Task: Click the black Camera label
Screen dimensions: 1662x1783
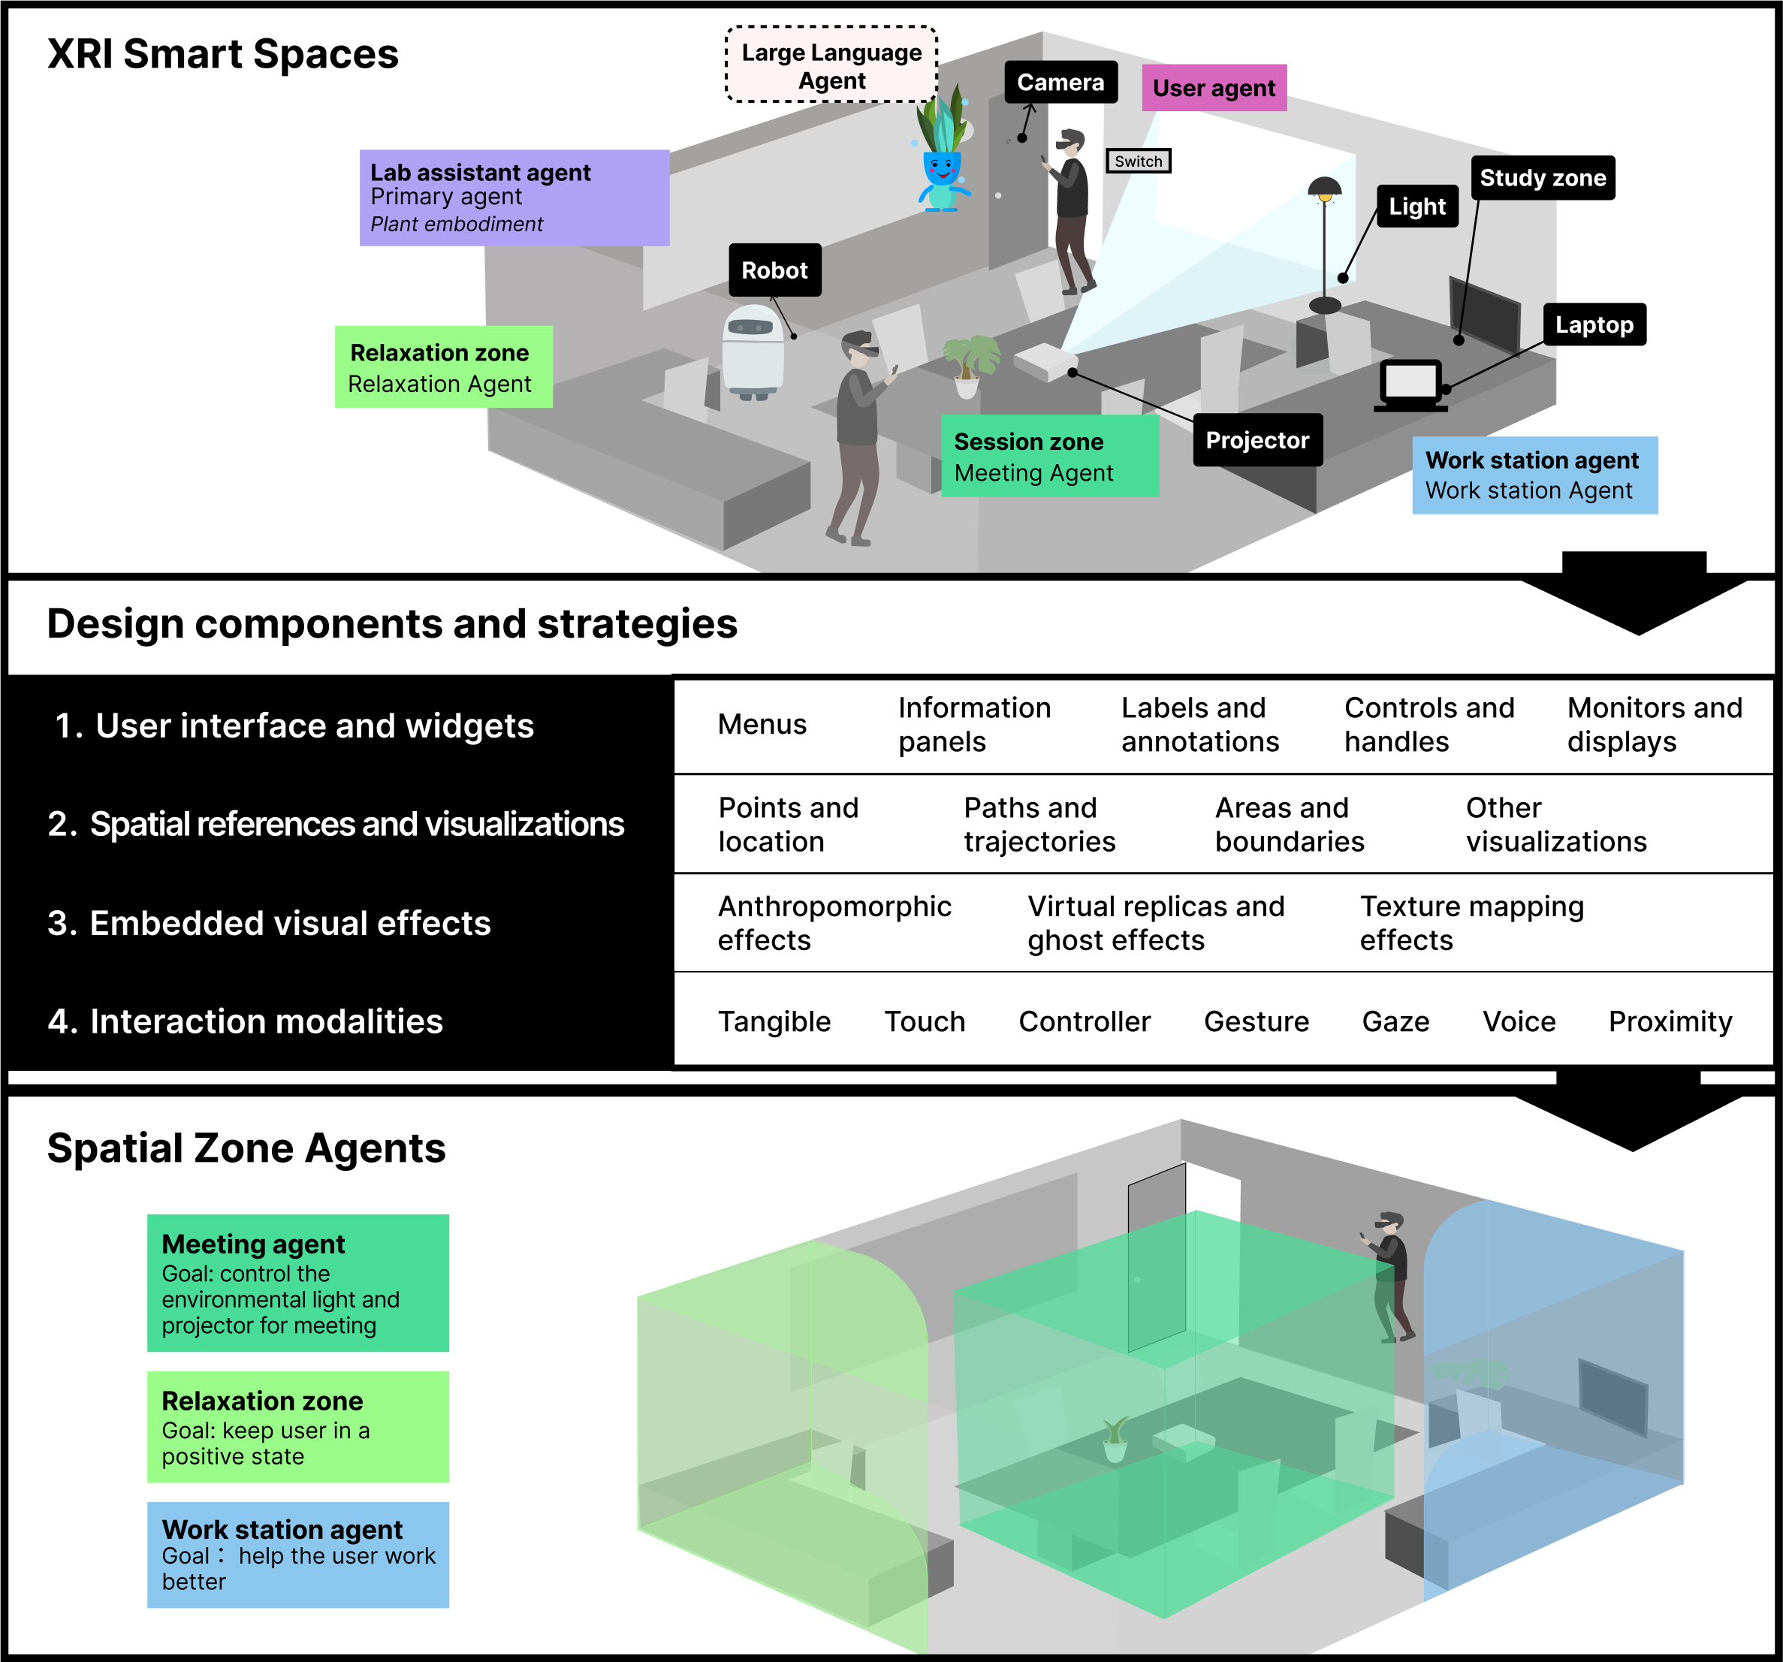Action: click(1060, 83)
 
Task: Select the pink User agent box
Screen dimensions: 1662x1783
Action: click(1213, 88)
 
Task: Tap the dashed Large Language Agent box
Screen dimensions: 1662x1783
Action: click(831, 65)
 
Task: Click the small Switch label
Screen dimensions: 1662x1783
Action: click(1137, 161)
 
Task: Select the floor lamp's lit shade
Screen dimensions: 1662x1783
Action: click(1324, 189)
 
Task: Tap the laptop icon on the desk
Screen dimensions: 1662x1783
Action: click(1410, 384)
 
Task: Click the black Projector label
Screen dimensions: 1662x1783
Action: click(1257, 440)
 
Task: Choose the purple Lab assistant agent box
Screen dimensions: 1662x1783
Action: click(514, 198)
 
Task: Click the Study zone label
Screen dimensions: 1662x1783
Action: click(1542, 177)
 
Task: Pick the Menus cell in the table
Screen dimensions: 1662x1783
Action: click(762, 725)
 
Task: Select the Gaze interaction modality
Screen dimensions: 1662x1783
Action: click(1395, 1021)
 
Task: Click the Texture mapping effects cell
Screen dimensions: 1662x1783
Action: click(1471, 923)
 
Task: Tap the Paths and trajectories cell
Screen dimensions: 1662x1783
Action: click(1039, 825)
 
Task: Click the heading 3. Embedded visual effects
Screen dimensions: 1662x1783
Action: click(269, 923)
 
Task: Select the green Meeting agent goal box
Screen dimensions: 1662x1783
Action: click(297, 1283)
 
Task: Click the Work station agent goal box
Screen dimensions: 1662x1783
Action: click(297, 1555)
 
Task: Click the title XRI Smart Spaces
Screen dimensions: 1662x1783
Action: click(222, 54)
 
